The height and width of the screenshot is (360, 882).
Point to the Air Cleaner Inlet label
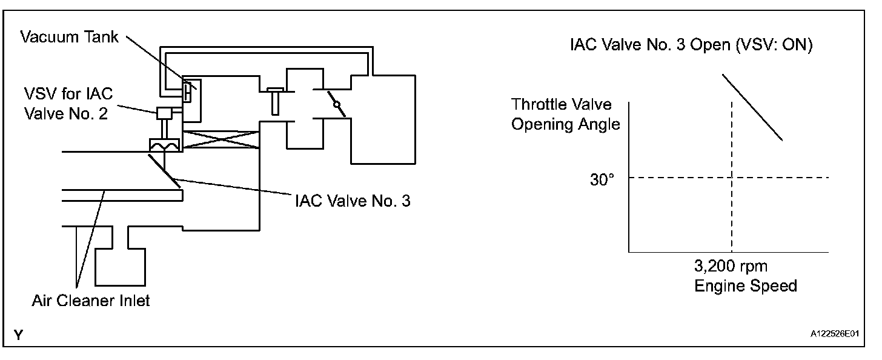click(x=91, y=300)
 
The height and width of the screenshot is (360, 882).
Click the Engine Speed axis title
click(x=745, y=285)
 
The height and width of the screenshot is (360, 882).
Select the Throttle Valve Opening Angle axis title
click(x=566, y=114)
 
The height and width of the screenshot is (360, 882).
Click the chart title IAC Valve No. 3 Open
click(x=691, y=45)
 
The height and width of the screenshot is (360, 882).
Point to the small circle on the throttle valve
click(x=335, y=104)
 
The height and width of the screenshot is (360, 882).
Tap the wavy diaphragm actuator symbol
click(x=163, y=145)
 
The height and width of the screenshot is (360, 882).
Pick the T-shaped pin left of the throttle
click(x=274, y=101)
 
